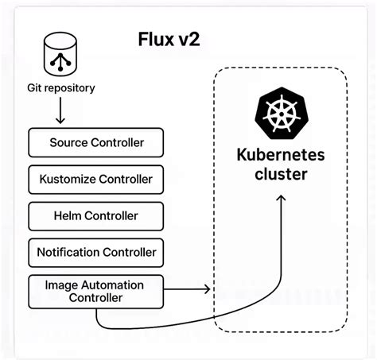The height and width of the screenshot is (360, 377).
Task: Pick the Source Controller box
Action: click(x=96, y=143)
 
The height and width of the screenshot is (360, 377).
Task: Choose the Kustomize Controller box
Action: click(x=96, y=180)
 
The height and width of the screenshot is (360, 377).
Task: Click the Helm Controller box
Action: click(x=96, y=216)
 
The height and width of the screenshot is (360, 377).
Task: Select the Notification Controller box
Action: click(x=96, y=253)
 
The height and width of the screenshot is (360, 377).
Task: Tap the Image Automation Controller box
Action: click(x=96, y=291)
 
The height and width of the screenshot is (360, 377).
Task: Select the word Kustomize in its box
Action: click(x=68, y=180)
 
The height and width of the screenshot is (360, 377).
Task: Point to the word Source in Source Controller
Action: click(x=68, y=143)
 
